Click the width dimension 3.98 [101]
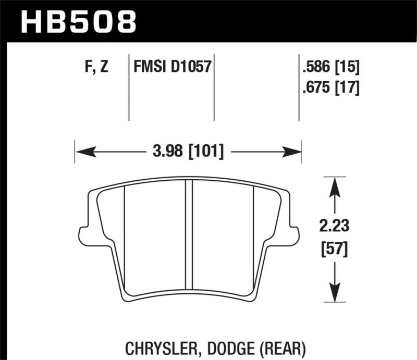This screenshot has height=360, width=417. (x=189, y=152)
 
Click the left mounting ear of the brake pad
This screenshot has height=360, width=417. (x=82, y=235)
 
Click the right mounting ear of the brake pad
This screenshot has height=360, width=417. (x=294, y=235)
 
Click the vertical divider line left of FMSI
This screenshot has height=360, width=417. (x=129, y=86)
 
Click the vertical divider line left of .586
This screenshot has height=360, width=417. (x=299, y=86)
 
